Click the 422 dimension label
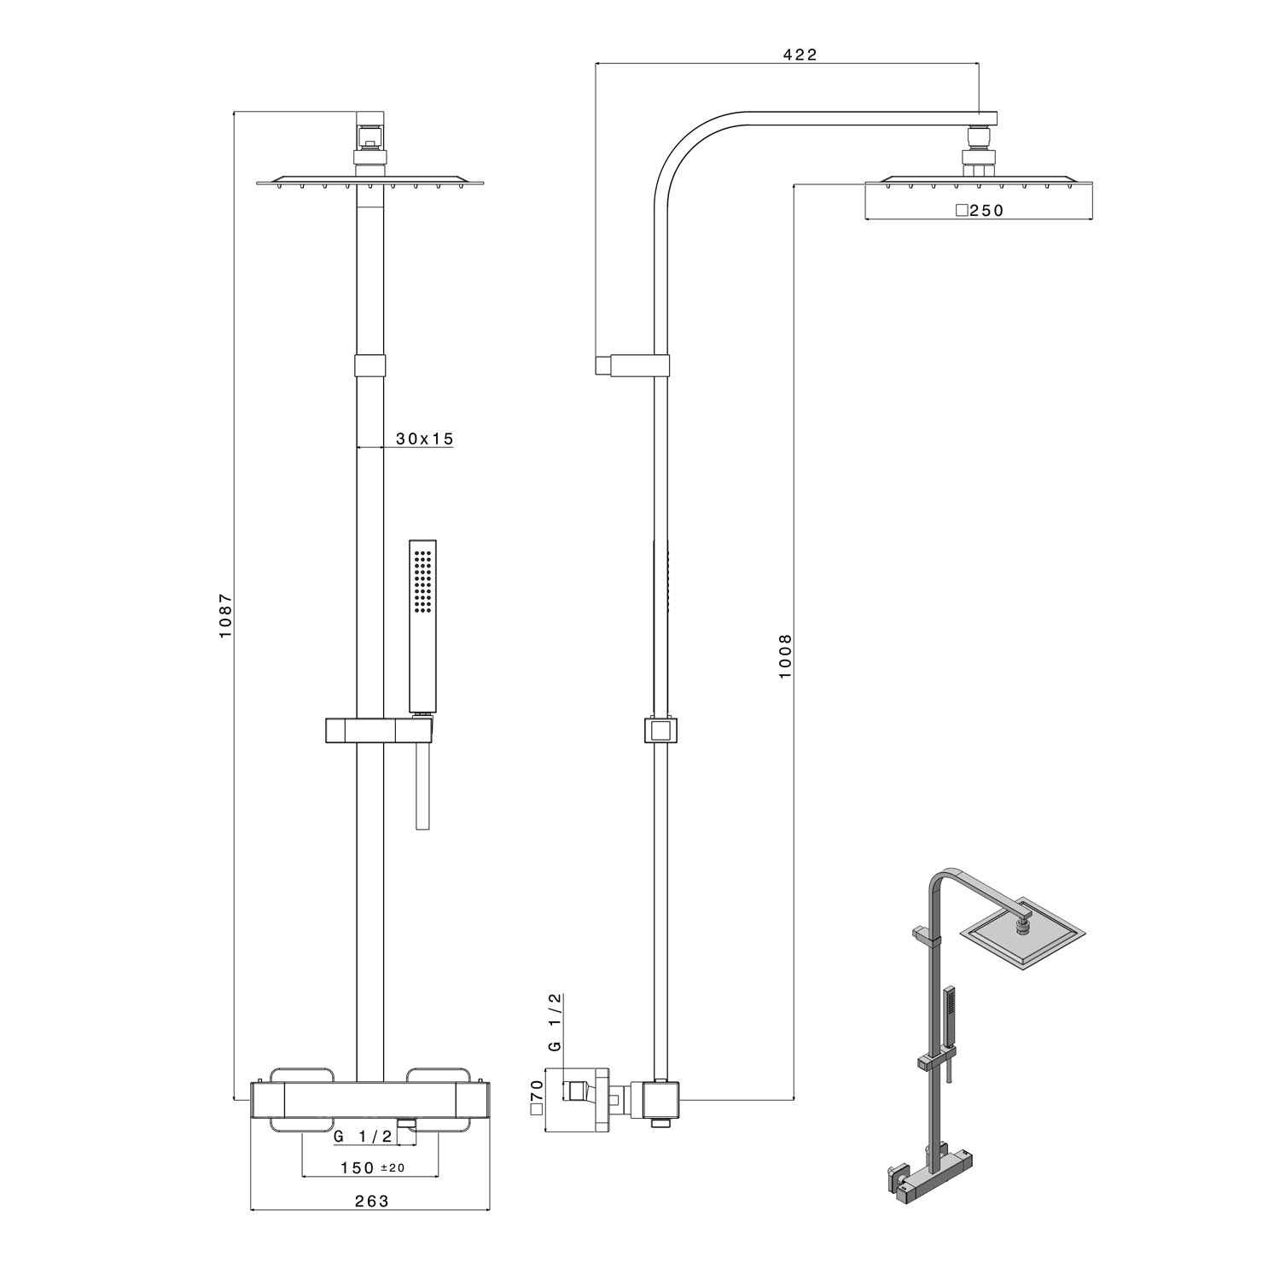tap(800, 55)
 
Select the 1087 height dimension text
tap(225, 616)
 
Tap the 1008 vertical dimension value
tap(785, 655)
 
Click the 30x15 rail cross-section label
tap(424, 439)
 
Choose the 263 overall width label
tap(371, 1201)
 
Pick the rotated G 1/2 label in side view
tap(555, 1022)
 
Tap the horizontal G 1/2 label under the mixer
tap(363, 1136)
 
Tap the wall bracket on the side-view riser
tap(631, 364)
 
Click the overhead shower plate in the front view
tap(369, 182)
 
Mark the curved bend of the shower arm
tap(683, 149)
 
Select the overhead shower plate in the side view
tap(979, 182)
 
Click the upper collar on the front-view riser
tap(369, 365)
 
